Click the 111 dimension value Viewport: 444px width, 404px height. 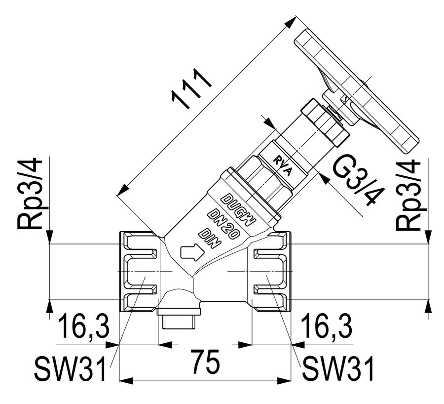click(191, 88)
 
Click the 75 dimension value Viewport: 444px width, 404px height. click(205, 362)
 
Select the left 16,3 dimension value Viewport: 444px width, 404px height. click(84, 326)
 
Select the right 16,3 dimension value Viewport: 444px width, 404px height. click(327, 326)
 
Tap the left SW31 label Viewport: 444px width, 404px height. click(70, 368)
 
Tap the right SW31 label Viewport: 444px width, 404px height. click(338, 368)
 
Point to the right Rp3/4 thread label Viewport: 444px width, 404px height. click(409, 196)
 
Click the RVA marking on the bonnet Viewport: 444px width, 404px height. click(282, 166)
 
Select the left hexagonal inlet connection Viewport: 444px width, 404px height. click(138, 272)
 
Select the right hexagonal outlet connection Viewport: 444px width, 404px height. click(271, 272)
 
